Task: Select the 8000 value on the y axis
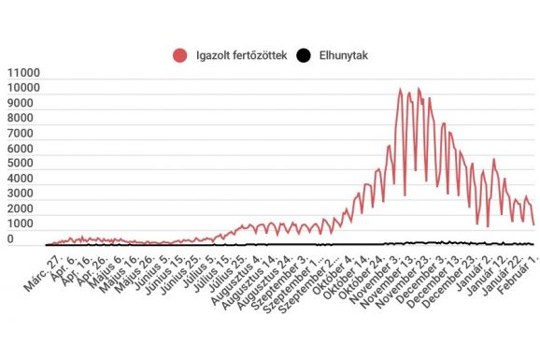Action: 25,119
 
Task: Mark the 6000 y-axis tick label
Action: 25,149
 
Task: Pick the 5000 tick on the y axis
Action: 25,165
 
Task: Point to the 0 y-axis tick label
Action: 36,240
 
